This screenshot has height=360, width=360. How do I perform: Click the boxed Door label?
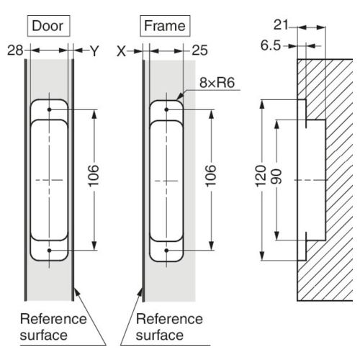pyautogui.click(x=48, y=26)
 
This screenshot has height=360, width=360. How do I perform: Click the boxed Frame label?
pyautogui.click(x=165, y=26)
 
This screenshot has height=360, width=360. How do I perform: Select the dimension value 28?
pyautogui.click(x=15, y=50)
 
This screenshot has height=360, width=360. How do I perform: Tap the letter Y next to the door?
pyautogui.click(x=94, y=51)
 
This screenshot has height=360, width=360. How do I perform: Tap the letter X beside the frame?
pyautogui.click(x=121, y=51)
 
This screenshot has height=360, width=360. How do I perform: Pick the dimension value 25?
pyautogui.click(x=199, y=50)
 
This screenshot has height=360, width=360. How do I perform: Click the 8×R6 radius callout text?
pyautogui.click(x=217, y=83)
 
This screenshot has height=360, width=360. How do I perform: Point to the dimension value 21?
pyautogui.click(x=281, y=25)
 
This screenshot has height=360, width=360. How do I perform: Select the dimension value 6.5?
pyautogui.click(x=271, y=45)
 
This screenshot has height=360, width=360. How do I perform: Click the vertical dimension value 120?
pyautogui.click(x=261, y=176)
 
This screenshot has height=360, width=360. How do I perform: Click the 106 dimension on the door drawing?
pyautogui.click(x=94, y=176)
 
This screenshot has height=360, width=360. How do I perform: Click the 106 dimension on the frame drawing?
pyautogui.click(x=210, y=176)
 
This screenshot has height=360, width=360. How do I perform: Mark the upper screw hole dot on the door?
pyautogui.click(x=50, y=109)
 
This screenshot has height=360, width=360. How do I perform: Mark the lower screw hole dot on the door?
pyautogui.click(x=50, y=251)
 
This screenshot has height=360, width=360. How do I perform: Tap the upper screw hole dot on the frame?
pyautogui.click(x=166, y=109)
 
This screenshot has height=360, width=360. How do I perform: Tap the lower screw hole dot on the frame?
pyautogui.click(x=166, y=251)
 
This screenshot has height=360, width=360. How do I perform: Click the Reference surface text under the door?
pyautogui.click(x=53, y=327)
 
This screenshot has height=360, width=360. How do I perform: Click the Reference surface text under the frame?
pyautogui.click(x=169, y=327)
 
